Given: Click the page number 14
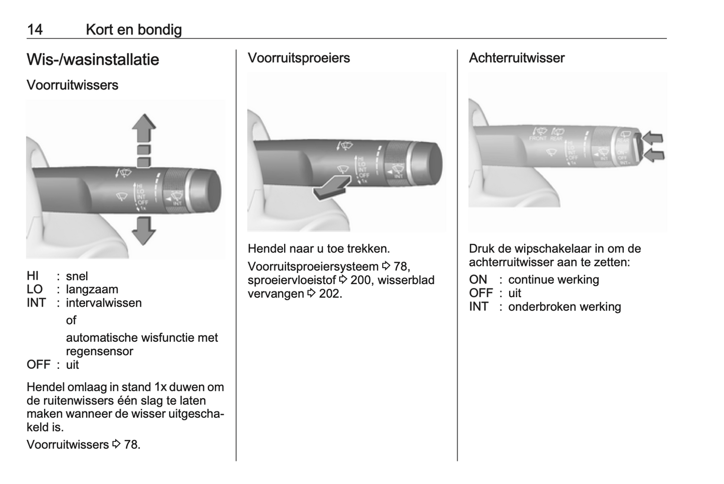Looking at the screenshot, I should point(35,30).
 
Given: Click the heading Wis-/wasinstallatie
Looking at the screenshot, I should point(93,60).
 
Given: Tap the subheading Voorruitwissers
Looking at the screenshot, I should point(72,85).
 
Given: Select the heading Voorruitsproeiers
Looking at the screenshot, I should point(299,58).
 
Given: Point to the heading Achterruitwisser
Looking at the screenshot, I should point(517,58).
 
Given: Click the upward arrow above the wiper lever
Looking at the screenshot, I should point(144,128).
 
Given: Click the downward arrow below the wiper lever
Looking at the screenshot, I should point(144,230).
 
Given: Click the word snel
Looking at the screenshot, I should point(77,276).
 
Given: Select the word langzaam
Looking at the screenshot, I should point(92,290).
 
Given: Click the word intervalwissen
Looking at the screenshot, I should point(104,303).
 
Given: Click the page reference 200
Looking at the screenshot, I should point(360,280).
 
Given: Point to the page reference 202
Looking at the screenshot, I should point(330,294).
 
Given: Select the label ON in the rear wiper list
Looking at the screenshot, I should point(478,280).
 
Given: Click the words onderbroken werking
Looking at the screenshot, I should point(564,307).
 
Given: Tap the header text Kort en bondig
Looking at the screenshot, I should point(134,30).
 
